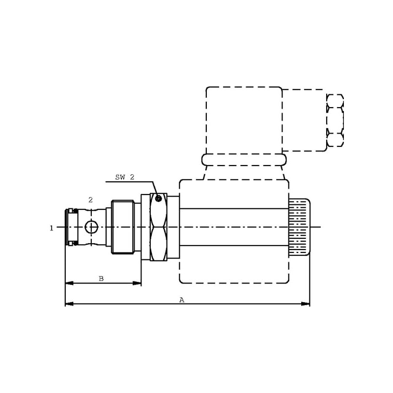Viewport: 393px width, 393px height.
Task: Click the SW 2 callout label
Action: (x=125, y=177)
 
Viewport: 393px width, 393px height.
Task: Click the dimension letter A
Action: (x=182, y=300)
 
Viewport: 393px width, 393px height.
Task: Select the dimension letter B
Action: (x=101, y=279)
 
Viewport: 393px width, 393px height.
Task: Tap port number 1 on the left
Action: (x=52, y=228)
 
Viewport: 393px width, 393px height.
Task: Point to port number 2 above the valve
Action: (x=90, y=200)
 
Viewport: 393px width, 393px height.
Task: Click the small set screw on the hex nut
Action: (x=158, y=198)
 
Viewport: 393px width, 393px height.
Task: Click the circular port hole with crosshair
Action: (x=91, y=227)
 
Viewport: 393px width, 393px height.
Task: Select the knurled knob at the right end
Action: (x=299, y=227)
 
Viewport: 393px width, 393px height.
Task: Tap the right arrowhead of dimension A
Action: (x=305, y=304)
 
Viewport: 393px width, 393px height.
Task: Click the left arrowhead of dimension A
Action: (x=69, y=304)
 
